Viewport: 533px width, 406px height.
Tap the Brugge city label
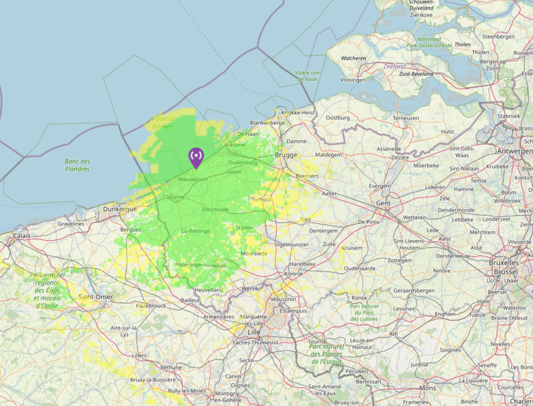point(286,155)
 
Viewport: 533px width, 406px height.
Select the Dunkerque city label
point(120,209)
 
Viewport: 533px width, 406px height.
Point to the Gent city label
point(383,203)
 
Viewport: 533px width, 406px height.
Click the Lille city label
point(254,332)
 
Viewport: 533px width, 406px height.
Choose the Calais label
point(22,236)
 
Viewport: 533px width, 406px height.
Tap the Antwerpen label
point(514,151)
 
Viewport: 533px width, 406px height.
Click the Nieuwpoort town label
point(193,179)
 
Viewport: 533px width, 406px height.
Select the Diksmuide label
point(215,209)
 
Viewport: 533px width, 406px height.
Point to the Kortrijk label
point(294,274)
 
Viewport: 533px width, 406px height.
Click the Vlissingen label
point(353,80)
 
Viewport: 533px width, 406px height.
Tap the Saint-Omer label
point(96,297)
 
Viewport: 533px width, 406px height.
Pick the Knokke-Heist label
point(298,113)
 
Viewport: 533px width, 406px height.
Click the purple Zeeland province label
point(394,66)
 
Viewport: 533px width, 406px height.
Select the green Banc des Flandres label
point(77,165)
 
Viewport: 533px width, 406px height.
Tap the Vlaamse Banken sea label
point(163,122)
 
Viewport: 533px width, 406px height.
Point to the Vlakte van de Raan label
point(307,76)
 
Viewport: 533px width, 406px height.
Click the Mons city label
point(428,388)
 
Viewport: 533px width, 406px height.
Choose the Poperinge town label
point(188,264)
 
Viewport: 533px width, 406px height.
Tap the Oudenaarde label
point(360,268)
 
